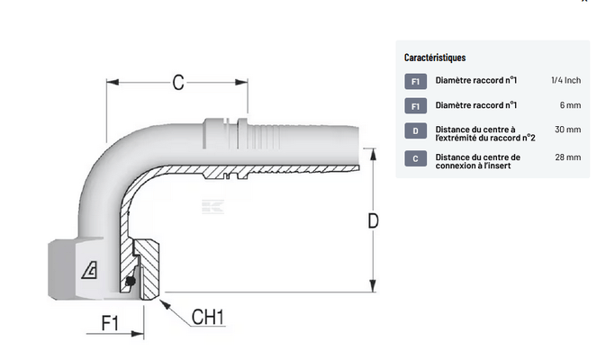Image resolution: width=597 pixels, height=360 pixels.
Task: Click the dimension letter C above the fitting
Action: [178, 82]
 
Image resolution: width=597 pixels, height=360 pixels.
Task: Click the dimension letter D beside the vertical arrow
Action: [373, 220]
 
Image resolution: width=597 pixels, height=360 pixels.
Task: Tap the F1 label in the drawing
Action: [110, 323]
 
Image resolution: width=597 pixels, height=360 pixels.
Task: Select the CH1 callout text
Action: [208, 317]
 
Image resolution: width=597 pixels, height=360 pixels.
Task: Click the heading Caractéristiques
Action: [435, 58]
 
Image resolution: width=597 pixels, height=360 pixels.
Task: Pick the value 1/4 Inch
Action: [565, 80]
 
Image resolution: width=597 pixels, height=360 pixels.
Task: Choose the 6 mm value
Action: [570, 105]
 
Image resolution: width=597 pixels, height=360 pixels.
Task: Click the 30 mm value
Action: [567, 130]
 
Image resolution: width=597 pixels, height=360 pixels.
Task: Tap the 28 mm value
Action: [567, 157]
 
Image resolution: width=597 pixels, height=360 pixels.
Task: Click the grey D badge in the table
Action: [415, 130]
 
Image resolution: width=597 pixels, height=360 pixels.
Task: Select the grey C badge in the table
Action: [415, 158]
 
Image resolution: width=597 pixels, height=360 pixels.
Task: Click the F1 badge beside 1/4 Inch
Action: [415, 81]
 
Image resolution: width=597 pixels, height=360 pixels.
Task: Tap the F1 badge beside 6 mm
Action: [415, 106]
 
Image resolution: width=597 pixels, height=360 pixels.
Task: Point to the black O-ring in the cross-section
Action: [131, 281]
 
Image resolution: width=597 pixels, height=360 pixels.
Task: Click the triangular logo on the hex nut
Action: [89, 270]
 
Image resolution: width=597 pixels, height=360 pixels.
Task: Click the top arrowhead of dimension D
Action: [373, 154]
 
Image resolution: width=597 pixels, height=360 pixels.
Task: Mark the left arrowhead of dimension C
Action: [113, 82]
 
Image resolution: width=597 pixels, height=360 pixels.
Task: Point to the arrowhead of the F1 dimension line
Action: [138, 334]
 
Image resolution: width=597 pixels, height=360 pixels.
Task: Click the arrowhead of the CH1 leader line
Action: [164, 304]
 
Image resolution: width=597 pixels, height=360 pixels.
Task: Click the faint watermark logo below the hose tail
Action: [213, 206]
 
